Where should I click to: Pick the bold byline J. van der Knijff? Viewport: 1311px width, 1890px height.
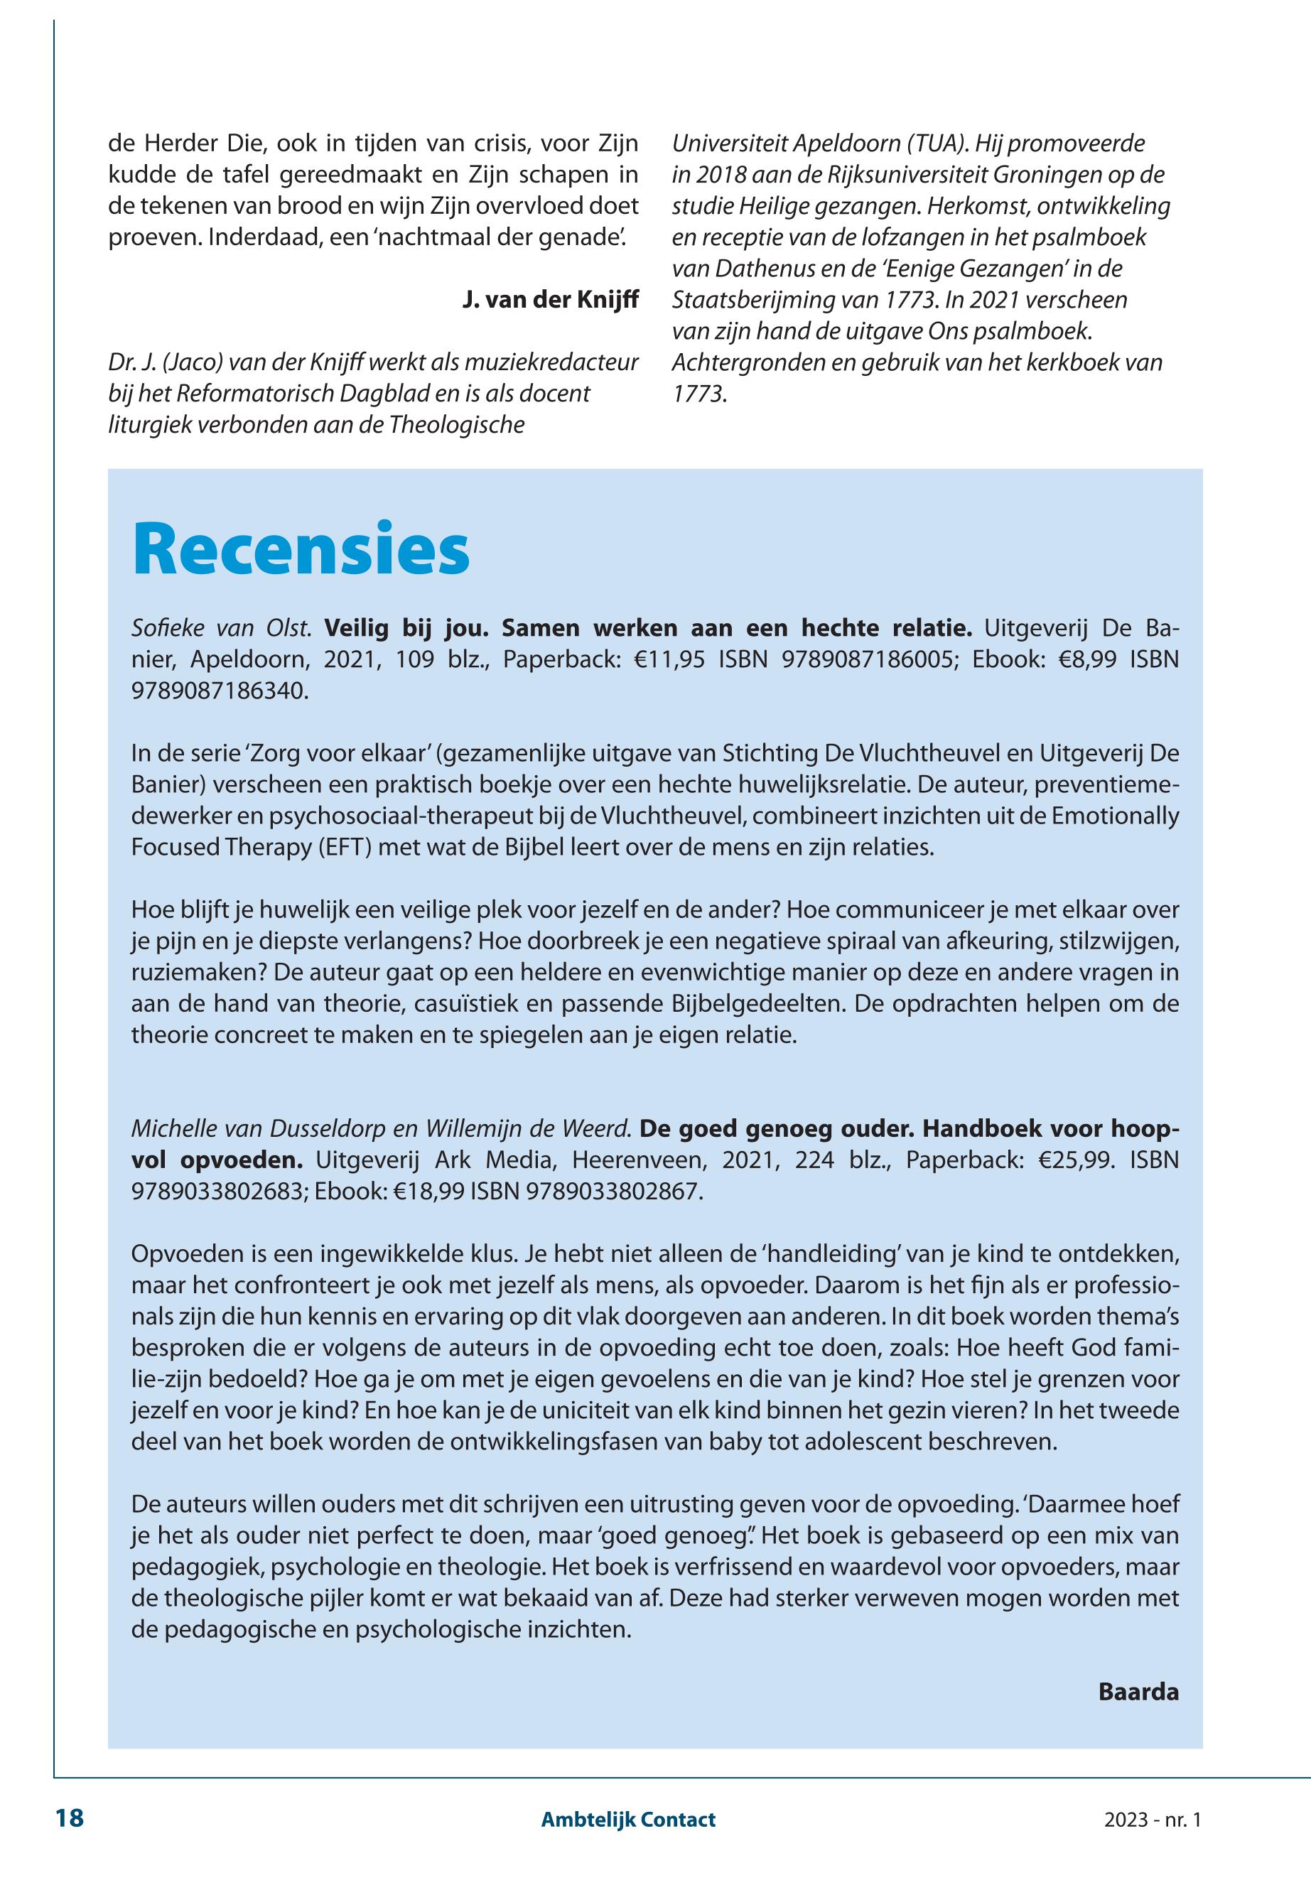point(551,300)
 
